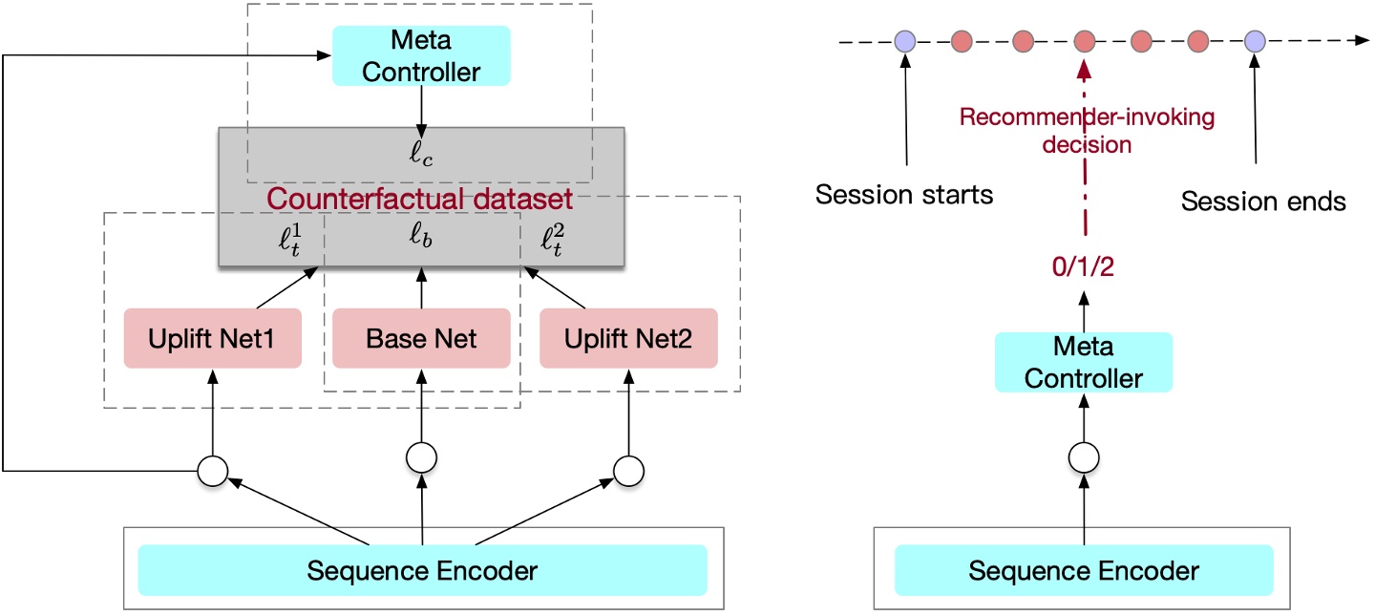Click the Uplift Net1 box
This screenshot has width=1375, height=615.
(212, 338)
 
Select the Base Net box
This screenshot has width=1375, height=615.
(421, 338)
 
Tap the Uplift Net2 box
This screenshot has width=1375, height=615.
(628, 338)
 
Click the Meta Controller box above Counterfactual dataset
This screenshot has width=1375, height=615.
(421, 55)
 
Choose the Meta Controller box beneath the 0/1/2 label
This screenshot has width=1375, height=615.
(1083, 362)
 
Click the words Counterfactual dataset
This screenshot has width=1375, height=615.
(419, 200)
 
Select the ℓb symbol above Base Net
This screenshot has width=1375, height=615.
(421, 238)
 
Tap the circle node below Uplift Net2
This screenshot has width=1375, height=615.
(628, 469)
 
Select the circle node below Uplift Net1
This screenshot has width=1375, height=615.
(212, 469)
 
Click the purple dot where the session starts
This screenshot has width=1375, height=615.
(904, 41)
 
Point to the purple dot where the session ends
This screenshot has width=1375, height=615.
(1255, 41)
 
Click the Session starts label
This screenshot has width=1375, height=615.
(904, 196)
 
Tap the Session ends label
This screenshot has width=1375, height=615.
(1263, 201)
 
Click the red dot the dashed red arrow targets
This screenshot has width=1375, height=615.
(1083, 41)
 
